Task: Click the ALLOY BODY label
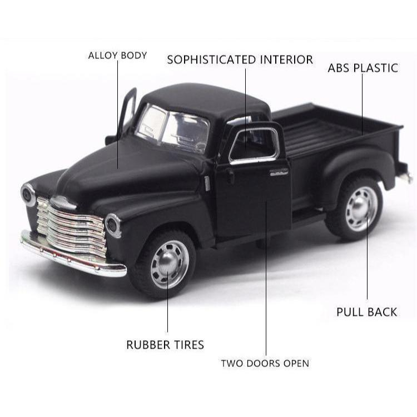pos(117,55)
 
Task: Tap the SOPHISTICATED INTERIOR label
pos(240,59)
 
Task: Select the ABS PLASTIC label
pos(363,68)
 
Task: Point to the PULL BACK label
pos(366,312)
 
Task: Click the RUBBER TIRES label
pos(165,345)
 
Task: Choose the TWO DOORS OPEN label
pos(265,363)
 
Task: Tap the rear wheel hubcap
pos(361,209)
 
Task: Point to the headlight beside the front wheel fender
pos(113,226)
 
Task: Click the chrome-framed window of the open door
pos(254,145)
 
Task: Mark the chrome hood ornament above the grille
pos(63,202)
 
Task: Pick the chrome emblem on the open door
pos(279,172)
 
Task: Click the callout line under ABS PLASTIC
pos(362,105)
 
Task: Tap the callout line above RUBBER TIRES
pos(167,302)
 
